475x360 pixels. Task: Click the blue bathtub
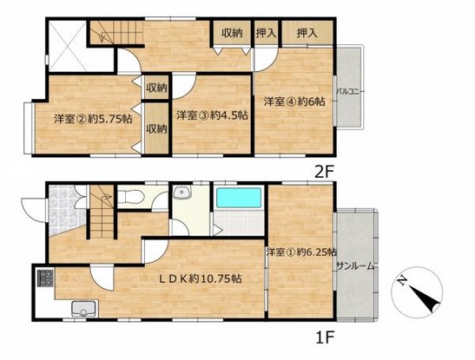pyautogui.click(x=239, y=198)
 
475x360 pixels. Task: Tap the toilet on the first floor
pyautogui.click(x=130, y=197)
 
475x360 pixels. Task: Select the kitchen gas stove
pyautogui.click(x=45, y=278)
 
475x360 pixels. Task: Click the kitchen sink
pyautogui.click(x=84, y=309)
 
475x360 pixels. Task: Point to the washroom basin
pyautogui.click(x=181, y=192)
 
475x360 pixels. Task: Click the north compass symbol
pyautogui.click(x=417, y=292)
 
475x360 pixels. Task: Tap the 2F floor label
pyautogui.click(x=324, y=173)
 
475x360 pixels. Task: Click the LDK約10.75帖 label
pyautogui.click(x=201, y=278)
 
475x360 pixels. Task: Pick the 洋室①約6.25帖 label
pyautogui.click(x=301, y=252)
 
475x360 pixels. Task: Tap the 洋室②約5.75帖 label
pyautogui.click(x=93, y=119)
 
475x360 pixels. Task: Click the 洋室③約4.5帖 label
pyautogui.click(x=212, y=115)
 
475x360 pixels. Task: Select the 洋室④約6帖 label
pyautogui.click(x=294, y=101)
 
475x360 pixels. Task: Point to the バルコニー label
pyautogui.click(x=351, y=91)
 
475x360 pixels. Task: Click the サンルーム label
pyautogui.click(x=356, y=266)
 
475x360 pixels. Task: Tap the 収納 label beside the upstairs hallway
pyautogui.click(x=233, y=33)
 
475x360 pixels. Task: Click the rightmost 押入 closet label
pyautogui.click(x=307, y=33)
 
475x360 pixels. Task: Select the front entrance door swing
pyautogui.click(x=32, y=210)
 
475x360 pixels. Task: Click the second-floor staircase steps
pyautogui.click(x=117, y=32)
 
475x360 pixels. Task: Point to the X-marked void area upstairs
pyautogui.click(x=68, y=45)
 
